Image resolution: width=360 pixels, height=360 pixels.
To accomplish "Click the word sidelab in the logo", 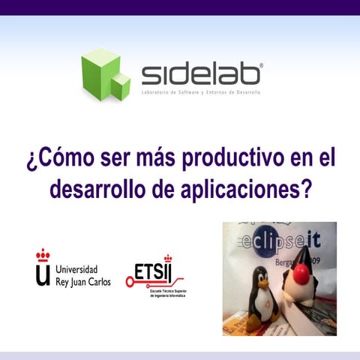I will [x=202, y=74].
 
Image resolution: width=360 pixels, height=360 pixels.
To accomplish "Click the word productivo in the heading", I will [x=223, y=159].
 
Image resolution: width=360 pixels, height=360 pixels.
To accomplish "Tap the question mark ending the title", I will [x=304, y=188].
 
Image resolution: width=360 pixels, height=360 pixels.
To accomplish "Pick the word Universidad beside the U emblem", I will [x=82, y=268].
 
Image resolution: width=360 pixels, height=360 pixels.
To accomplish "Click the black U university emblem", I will [x=43, y=274].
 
